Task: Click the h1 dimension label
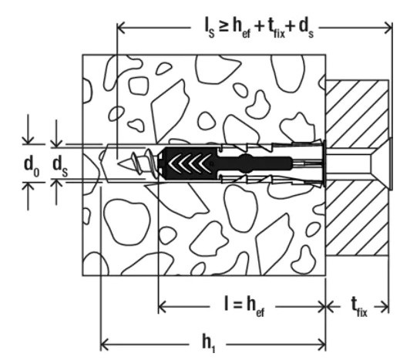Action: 208,344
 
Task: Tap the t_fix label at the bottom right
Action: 359,308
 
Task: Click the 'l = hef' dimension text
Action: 244,307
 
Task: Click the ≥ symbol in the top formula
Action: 223,27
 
